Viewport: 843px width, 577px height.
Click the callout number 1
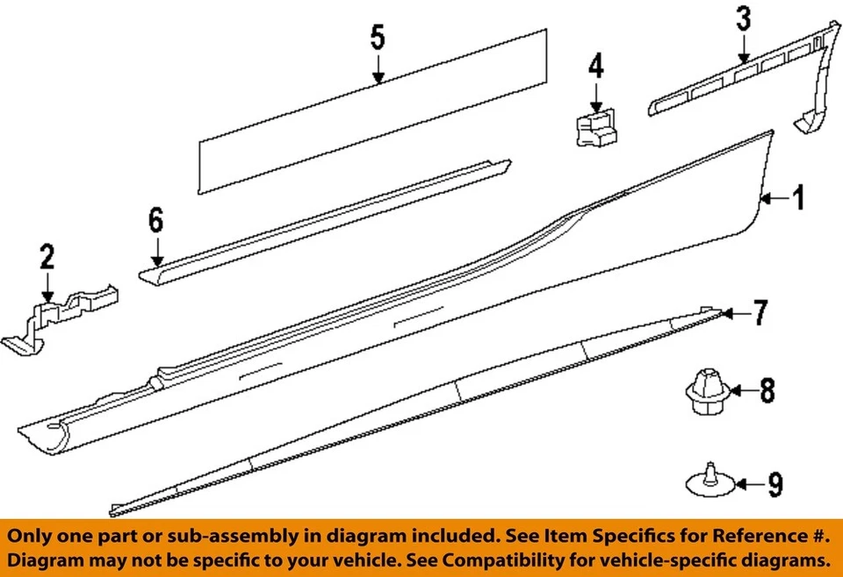pyautogui.click(x=798, y=201)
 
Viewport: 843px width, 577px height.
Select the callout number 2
pyautogui.click(x=47, y=257)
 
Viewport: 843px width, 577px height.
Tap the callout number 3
pyautogui.click(x=743, y=18)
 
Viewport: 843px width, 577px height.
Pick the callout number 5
pyautogui.click(x=377, y=38)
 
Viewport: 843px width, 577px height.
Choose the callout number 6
pyautogui.click(x=155, y=221)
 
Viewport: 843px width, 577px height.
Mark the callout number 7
pyautogui.click(x=760, y=311)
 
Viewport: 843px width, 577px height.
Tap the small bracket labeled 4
pyautogui.click(x=594, y=127)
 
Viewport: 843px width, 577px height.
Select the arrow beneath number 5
pyautogui.click(x=378, y=68)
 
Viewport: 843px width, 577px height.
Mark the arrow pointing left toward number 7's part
pyautogui.click(x=735, y=312)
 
